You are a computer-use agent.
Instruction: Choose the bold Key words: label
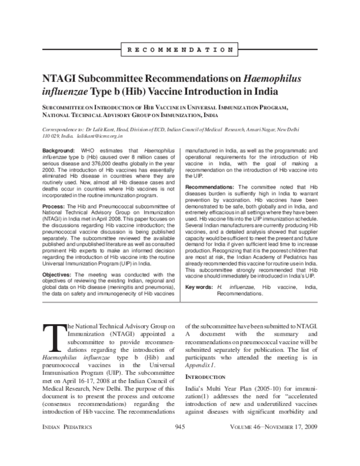pos(199,288)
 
